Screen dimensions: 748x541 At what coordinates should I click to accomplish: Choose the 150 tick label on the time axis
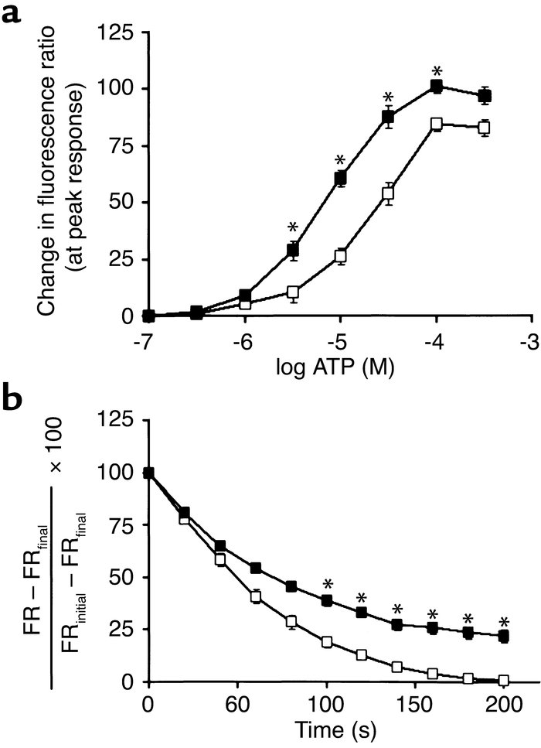(413, 705)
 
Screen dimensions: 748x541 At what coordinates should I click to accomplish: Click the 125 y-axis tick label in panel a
(117, 33)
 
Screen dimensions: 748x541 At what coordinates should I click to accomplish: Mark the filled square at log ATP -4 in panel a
(437, 86)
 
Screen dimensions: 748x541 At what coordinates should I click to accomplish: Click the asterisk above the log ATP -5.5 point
(292, 227)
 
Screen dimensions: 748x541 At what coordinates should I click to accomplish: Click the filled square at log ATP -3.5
(485, 96)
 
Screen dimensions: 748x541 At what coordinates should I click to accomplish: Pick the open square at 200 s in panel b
(504, 681)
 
